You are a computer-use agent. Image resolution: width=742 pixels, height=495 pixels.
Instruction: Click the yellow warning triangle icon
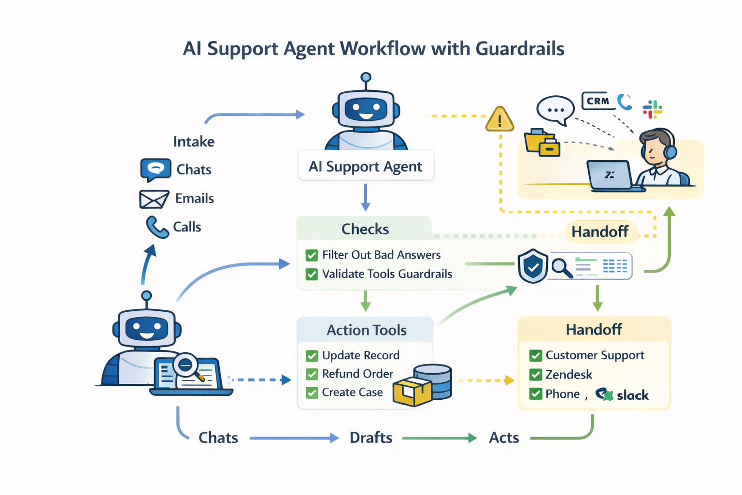tap(499, 119)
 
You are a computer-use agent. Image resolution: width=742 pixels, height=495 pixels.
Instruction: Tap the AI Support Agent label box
tap(366, 166)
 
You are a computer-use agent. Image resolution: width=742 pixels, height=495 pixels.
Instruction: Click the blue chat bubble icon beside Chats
tap(156, 169)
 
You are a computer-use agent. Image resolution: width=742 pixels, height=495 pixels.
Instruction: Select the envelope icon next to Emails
tap(154, 199)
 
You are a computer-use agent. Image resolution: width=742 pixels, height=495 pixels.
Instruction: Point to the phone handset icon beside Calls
tap(157, 227)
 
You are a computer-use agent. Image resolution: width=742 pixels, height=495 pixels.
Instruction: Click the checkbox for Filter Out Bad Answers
tap(312, 255)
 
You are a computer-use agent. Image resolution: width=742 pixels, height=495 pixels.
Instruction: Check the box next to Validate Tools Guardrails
tap(312, 274)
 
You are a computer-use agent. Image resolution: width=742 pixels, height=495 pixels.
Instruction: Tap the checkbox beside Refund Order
tap(312, 374)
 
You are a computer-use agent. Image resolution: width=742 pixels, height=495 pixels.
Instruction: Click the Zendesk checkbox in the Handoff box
tap(535, 375)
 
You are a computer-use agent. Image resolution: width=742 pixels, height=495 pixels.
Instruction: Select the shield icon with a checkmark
tap(532, 266)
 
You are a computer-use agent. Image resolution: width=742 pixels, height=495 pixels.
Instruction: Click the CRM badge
tap(598, 101)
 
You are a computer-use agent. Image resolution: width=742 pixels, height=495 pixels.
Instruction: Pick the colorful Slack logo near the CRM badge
tap(652, 109)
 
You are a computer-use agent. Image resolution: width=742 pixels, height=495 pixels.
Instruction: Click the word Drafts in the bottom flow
tap(371, 438)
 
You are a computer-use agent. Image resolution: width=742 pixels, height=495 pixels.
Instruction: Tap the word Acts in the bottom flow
tap(504, 438)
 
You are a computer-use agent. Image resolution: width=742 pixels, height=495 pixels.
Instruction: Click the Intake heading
tap(194, 142)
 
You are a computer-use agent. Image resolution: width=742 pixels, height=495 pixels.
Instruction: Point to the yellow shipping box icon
tap(411, 391)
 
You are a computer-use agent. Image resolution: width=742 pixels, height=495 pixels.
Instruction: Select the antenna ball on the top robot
tap(366, 77)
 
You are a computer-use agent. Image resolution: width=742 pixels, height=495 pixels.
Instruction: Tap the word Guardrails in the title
tap(520, 49)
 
